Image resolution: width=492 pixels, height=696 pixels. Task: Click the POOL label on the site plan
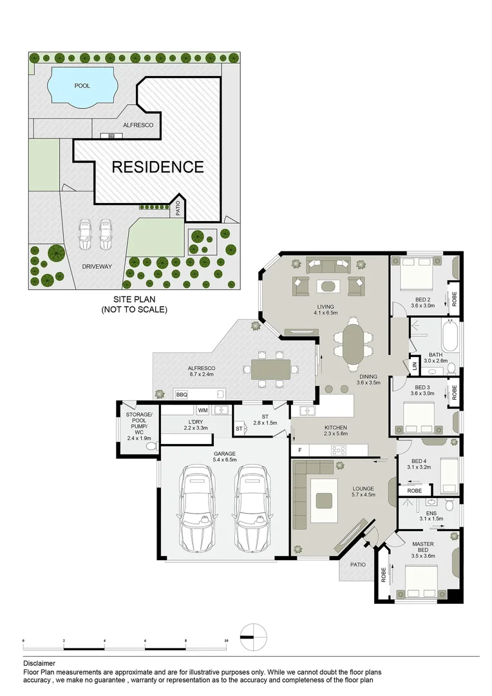coord(82,85)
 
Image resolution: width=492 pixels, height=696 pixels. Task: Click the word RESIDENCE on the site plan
coord(158,167)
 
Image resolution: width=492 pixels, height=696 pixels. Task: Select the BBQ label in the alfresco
coord(181,394)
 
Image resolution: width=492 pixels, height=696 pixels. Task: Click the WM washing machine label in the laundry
coord(203,410)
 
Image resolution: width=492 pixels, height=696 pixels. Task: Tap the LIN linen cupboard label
coord(415,367)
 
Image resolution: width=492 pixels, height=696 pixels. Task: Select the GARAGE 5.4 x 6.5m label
coord(225,456)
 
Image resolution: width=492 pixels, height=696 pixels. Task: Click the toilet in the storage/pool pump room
coord(153,446)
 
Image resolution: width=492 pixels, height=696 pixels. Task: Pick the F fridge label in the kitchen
coord(300,450)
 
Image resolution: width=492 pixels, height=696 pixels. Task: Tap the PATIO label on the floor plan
coord(357,565)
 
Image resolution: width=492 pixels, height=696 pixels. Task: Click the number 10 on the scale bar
coord(225,641)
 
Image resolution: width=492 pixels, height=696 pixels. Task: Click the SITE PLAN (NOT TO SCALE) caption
coord(134,305)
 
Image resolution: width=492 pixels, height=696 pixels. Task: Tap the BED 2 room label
coord(423,303)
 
